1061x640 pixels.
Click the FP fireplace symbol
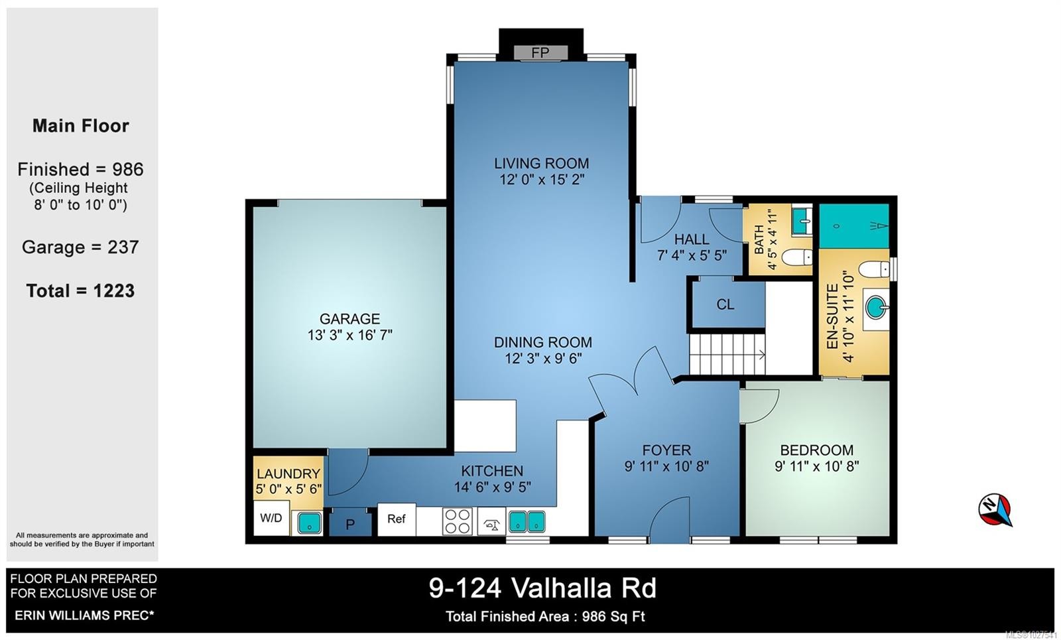pyautogui.click(x=540, y=52)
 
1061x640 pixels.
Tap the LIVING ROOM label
pyautogui.click(x=541, y=163)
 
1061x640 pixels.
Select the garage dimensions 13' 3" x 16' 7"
pyautogui.click(x=349, y=335)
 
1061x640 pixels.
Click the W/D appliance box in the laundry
pyautogui.click(x=271, y=518)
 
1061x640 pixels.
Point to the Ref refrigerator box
pyautogui.click(x=397, y=519)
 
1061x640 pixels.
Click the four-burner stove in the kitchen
pyautogui.click(x=458, y=521)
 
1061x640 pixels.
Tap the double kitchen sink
pyautogui.click(x=527, y=521)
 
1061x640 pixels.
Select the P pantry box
pyautogui.click(x=350, y=524)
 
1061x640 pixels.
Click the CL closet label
pyautogui.click(x=725, y=304)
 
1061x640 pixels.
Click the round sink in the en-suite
pyautogui.click(x=877, y=307)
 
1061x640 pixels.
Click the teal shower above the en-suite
pyautogui.click(x=853, y=225)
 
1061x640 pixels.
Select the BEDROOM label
pyautogui.click(x=816, y=450)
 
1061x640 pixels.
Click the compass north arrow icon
pyautogui.click(x=995, y=509)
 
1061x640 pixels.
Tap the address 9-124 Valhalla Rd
pyautogui.click(x=542, y=588)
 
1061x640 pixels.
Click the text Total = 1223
pyautogui.click(x=80, y=290)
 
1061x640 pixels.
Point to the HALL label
pyautogui.click(x=692, y=239)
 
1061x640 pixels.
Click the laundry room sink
pyautogui.click(x=308, y=523)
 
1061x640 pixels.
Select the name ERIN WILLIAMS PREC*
pyautogui.click(x=84, y=615)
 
